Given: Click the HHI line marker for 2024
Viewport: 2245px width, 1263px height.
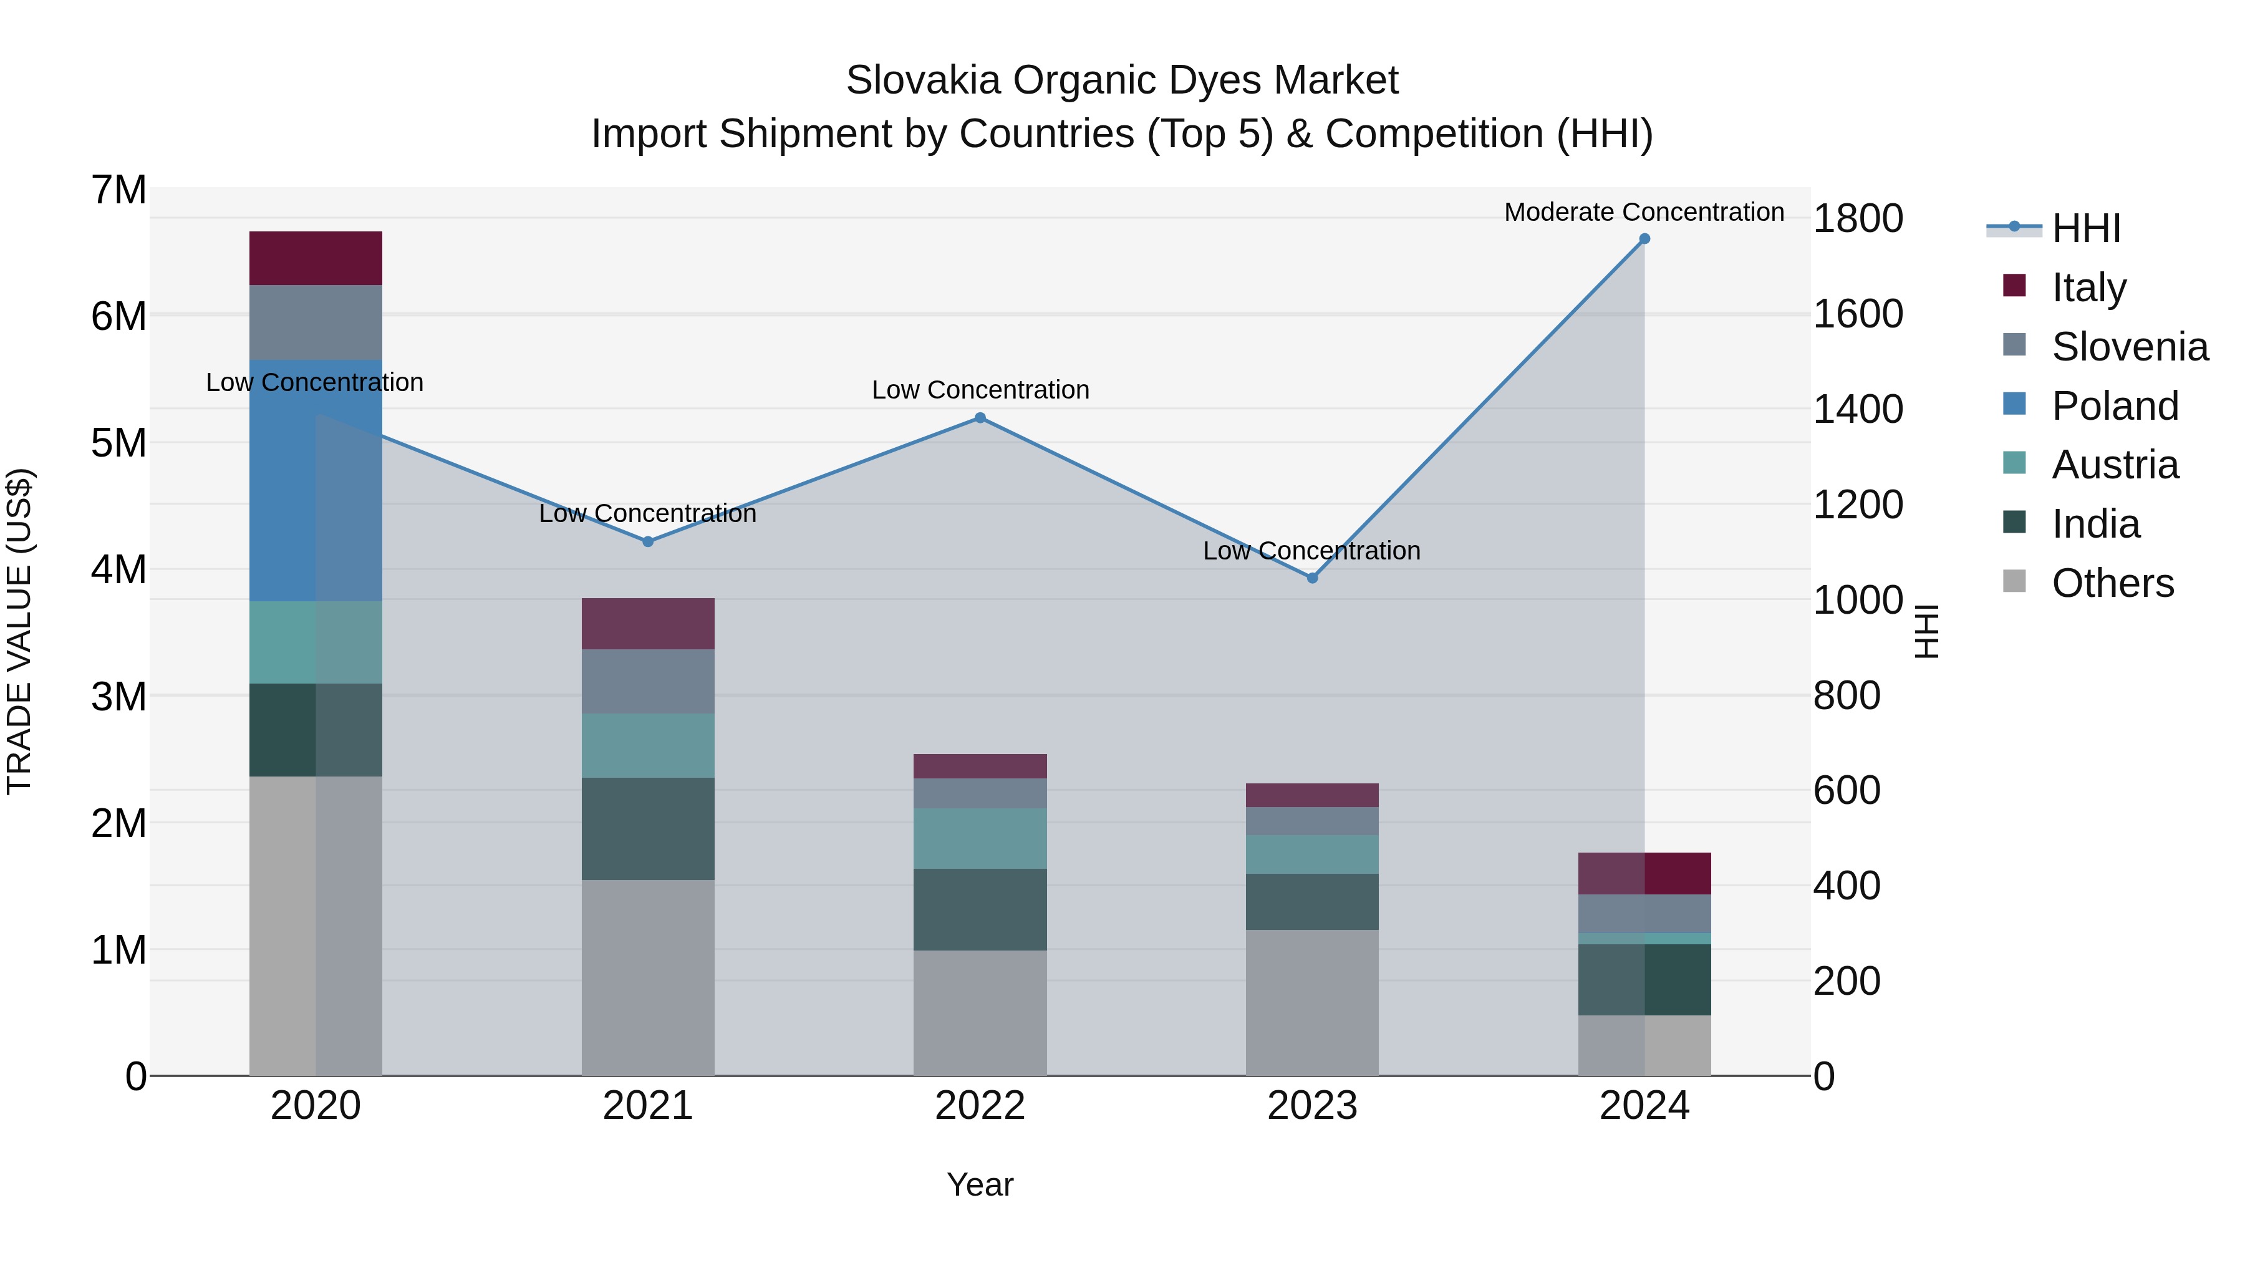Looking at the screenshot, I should click(1644, 239).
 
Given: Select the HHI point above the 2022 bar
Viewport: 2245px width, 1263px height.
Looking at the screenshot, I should click(980, 419).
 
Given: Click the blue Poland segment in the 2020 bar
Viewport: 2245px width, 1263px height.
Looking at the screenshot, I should click(316, 480).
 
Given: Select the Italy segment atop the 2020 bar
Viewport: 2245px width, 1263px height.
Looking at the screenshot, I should click(316, 258).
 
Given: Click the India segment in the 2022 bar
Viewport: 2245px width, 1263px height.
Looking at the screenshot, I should click(980, 909).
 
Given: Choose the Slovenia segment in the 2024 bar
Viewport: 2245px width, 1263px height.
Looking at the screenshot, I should click(1644, 914).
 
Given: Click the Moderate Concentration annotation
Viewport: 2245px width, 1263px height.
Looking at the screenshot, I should click(1644, 212).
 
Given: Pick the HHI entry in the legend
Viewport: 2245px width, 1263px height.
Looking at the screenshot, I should click(2085, 228).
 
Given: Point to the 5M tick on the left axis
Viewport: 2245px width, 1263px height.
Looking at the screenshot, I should click(118, 443).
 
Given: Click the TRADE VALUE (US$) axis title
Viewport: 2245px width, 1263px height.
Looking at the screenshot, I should click(19, 631).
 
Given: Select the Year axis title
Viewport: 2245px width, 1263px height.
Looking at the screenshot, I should click(980, 1184).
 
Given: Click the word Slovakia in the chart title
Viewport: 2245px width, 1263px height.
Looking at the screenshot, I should click(923, 80).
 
